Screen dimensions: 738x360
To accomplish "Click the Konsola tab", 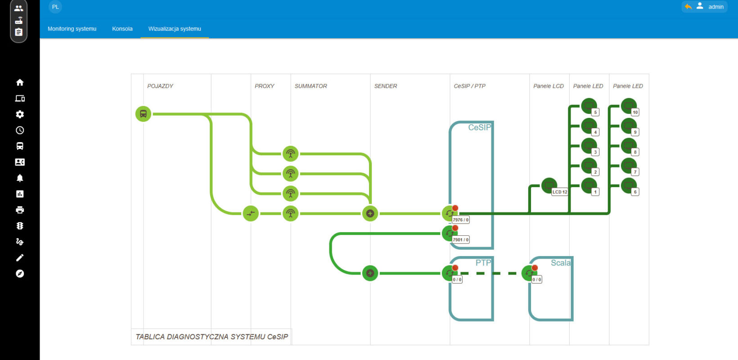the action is pyautogui.click(x=122, y=29).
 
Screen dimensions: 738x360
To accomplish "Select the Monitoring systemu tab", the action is pyautogui.click(x=72, y=29).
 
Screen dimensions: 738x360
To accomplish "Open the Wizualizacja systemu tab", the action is pyautogui.click(x=175, y=29).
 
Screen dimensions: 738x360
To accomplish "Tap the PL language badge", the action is pyautogui.click(x=55, y=7).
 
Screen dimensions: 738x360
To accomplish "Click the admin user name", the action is pyautogui.click(x=716, y=7).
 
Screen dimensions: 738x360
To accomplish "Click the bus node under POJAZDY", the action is pyautogui.click(x=143, y=114).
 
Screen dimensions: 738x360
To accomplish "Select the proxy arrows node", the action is pyautogui.click(x=251, y=213).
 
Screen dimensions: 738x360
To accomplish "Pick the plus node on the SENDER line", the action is pyautogui.click(x=370, y=213).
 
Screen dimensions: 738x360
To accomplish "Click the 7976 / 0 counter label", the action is pyautogui.click(x=461, y=220).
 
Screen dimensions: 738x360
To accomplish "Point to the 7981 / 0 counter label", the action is pyautogui.click(x=461, y=240).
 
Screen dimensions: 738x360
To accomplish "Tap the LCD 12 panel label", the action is pyautogui.click(x=560, y=192).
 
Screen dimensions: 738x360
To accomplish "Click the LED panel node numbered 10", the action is pyautogui.click(x=629, y=106).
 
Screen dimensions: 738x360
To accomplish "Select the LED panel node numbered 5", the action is pyautogui.click(x=589, y=106).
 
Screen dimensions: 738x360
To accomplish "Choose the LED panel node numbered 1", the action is pyautogui.click(x=589, y=186).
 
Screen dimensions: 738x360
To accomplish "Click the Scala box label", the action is pyautogui.click(x=561, y=263).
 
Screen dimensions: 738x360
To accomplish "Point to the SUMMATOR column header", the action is pyautogui.click(x=310, y=86).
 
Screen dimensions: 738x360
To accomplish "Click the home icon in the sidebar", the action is pyautogui.click(x=20, y=82).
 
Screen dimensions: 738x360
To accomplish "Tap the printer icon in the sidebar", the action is pyautogui.click(x=20, y=210).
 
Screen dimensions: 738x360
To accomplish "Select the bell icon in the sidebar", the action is pyautogui.click(x=20, y=178).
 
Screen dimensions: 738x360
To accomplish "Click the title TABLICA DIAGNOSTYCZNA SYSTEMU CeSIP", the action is pyautogui.click(x=212, y=337).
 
